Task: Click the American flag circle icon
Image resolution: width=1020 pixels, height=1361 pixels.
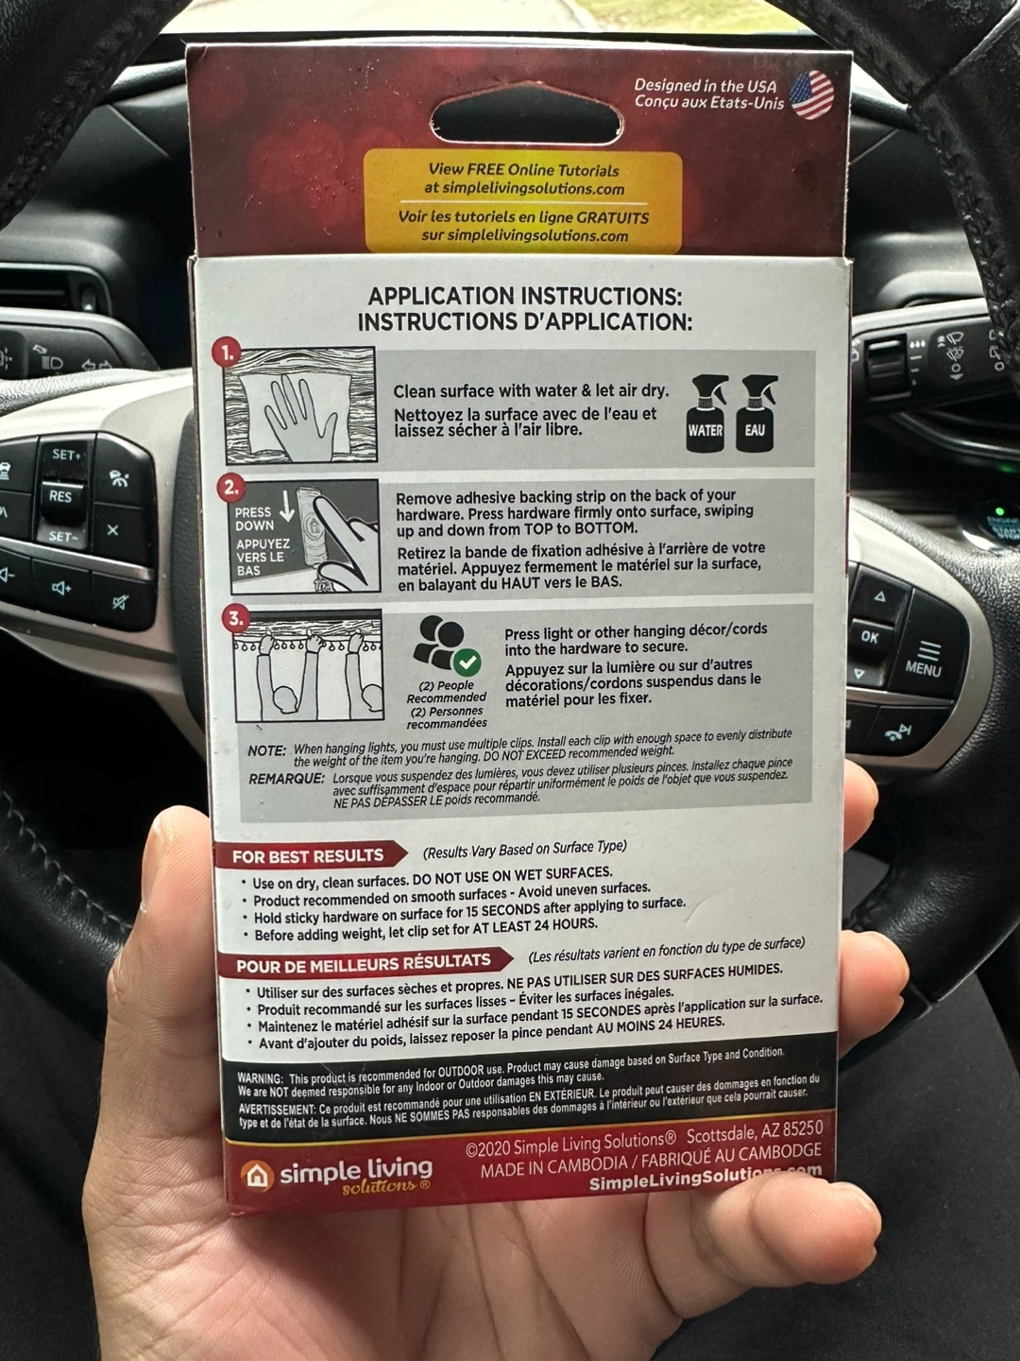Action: (x=812, y=95)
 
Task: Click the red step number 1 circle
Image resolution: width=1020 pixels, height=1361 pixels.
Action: (x=228, y=353)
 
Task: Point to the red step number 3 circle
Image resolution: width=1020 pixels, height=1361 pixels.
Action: (x=236, y=618)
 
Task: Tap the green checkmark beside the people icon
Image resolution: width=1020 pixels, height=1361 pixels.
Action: (x=467, y=663)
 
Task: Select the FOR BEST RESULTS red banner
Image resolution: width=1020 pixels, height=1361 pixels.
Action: (x=311, y=856)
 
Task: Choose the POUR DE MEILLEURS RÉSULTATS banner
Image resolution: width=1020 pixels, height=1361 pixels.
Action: (x=365, y=964)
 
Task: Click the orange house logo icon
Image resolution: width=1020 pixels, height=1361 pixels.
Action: (x=256, y=1175)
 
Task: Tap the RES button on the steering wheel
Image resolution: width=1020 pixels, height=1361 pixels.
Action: (x=60, y=496)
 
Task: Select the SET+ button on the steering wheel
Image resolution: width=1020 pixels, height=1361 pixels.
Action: (x=66, y=456)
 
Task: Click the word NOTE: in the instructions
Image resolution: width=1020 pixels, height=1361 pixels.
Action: (x=267, y=750)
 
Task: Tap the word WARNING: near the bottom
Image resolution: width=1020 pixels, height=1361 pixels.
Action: (x=260, y=1078)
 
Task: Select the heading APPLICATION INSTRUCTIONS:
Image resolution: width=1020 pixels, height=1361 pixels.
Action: (x=525, y=297)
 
